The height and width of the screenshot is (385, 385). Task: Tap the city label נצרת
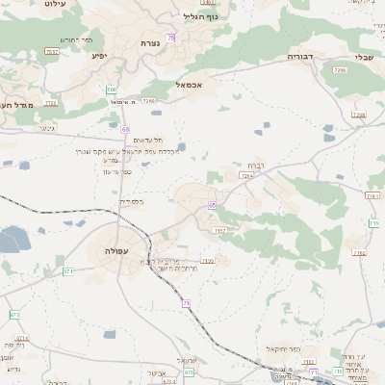tap(150, 44)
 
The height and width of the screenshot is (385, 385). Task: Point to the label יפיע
tap(99, 56)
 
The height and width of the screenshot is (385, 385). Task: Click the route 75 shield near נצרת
tap(171, 38)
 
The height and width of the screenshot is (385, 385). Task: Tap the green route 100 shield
tap(112, 90)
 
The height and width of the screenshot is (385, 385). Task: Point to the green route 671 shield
tap(69, 271)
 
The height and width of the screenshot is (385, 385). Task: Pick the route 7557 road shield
tap(52, 51)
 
